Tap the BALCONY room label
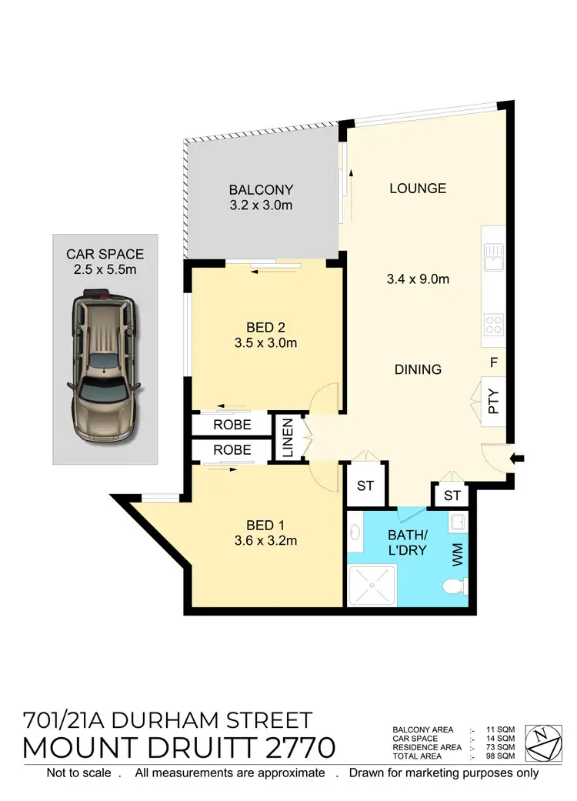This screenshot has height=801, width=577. coord(261,189)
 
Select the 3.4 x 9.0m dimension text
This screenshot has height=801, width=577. coord(418,279)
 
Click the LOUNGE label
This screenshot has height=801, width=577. coord(418,189)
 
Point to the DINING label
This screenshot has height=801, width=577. coord(418,369)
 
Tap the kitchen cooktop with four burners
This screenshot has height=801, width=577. coord(493,325)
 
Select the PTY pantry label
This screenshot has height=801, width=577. coord(494,401)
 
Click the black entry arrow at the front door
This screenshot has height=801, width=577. coord(518,459)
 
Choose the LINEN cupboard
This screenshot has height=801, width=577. coord(287,439)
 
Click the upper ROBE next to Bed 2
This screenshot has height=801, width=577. coord(232,424)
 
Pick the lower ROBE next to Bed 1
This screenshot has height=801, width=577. coord(232,449)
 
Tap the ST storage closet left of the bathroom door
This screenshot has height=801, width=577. coord(365,486)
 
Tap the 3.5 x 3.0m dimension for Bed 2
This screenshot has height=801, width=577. coord(265,343)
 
